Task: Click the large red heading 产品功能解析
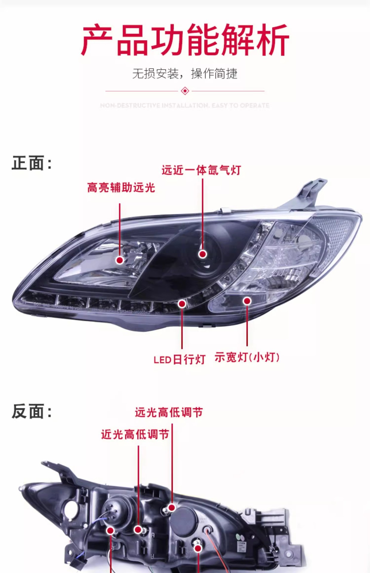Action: tap(185, 40)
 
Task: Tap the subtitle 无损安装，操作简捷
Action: tap(185, 73)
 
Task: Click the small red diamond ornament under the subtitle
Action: tap(185, 91)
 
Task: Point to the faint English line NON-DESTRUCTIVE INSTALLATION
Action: tap(185, 105)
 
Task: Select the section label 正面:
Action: tap(32, 163)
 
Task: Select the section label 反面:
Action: tap(32, 412)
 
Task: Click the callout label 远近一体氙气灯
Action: tap(201, 170)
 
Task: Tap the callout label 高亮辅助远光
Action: tap(121, 188)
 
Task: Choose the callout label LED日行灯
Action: tap(180, 359)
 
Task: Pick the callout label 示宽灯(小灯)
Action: tap(247, 357)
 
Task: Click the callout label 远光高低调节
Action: tap(169, 412)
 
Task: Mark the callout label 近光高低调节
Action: tap(135, 435)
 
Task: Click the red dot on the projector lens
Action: tap(203, 254)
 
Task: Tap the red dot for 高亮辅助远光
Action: tap(120, 260)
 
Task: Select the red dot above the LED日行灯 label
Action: tap(182, 304)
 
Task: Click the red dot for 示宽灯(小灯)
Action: tap(247, 301)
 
